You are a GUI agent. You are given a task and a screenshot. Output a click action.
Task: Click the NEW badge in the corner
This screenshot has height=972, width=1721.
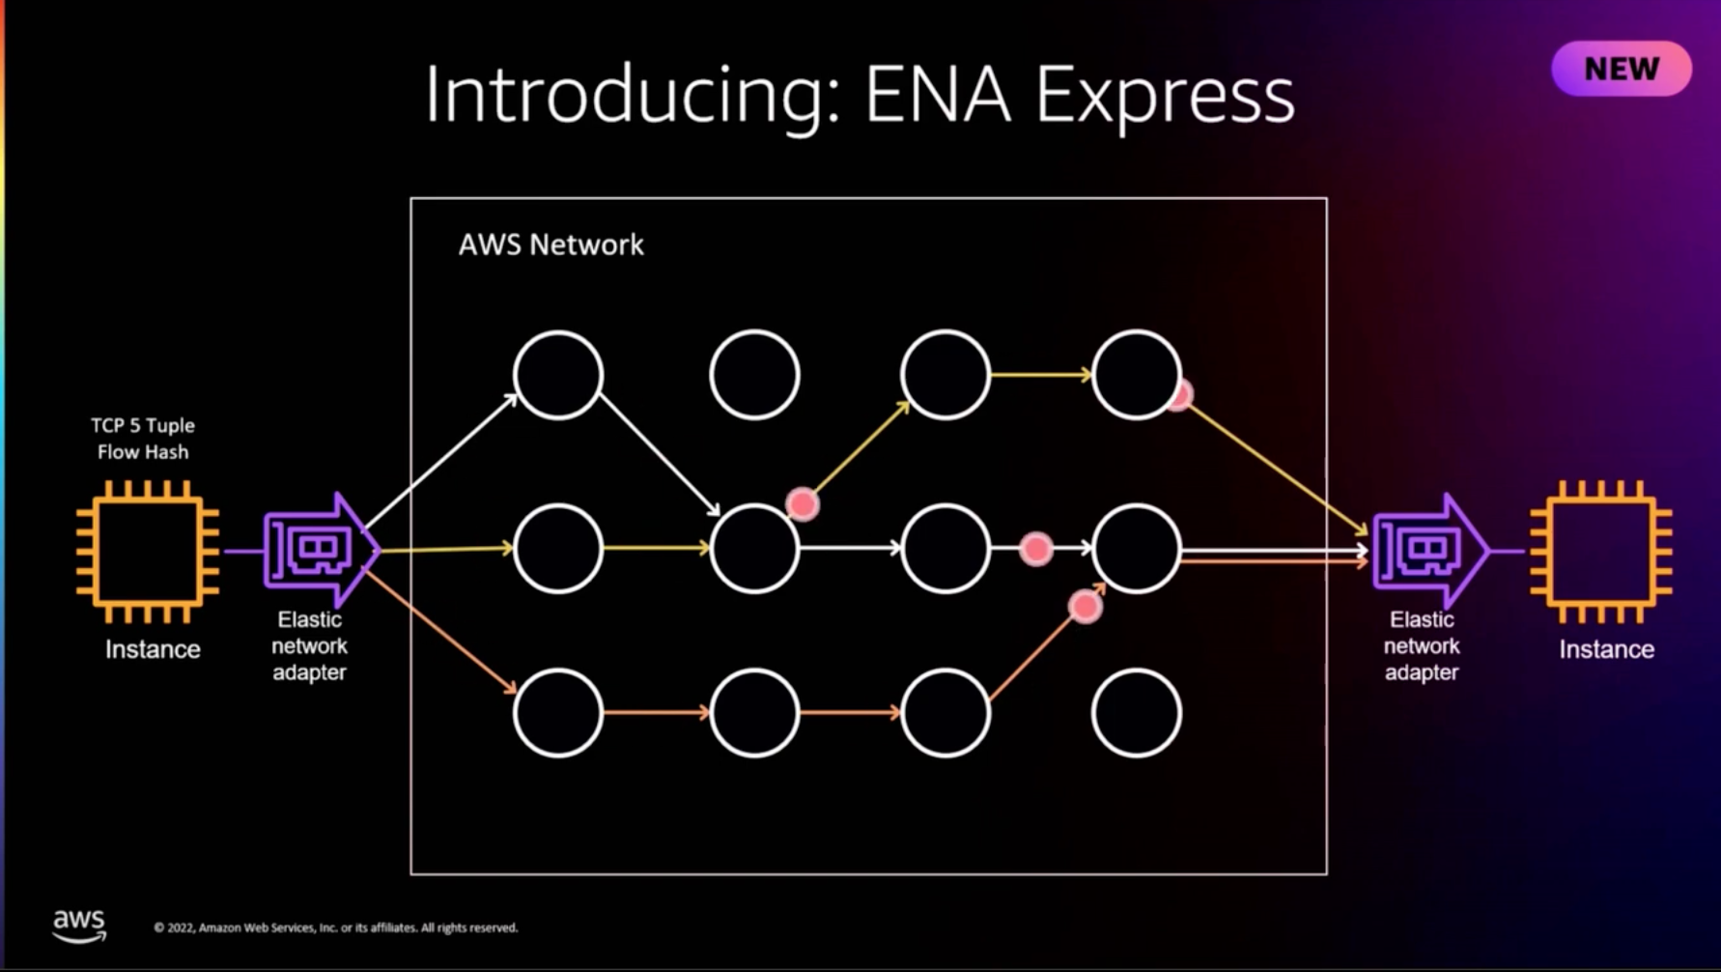[x=1621, y=69]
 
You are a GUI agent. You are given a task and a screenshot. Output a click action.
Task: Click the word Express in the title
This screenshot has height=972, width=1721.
[x=1164, y=96]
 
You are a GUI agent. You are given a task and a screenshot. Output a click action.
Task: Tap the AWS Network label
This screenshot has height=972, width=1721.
[x=550, y=244]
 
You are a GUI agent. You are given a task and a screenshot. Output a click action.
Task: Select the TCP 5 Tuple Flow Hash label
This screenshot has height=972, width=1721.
[x=143, y=439]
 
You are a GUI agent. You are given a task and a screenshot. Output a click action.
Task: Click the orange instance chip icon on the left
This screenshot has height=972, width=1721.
[x=148, y=552]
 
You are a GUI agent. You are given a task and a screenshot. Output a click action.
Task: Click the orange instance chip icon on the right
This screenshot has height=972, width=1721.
[x=1601, y=552]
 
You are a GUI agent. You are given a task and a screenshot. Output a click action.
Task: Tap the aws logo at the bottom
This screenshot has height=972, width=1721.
[x=79, y=925]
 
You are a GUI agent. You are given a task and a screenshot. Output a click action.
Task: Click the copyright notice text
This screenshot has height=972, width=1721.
[x=335, y=928]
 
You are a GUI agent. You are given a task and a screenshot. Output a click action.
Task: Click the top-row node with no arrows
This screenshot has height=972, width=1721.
[x=754, y=375]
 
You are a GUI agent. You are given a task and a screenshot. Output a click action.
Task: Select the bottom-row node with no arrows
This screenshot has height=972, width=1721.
[x=1136, y=713]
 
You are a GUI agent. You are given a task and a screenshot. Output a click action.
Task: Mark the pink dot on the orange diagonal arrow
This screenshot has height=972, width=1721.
[x=1085, y=606]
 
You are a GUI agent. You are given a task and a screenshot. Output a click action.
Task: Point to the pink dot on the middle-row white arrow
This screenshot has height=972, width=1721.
[x=1035, y=549]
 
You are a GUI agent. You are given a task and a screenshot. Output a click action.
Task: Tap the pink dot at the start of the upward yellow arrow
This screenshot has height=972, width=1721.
[x=802, y=503]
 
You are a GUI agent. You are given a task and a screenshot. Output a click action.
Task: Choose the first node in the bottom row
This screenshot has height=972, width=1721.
[x=558, y=713]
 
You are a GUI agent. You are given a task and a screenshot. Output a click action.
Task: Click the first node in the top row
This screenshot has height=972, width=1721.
[x=558, y=375]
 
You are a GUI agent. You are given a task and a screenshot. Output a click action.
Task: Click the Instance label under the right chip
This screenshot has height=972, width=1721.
[x=1606, y=649]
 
